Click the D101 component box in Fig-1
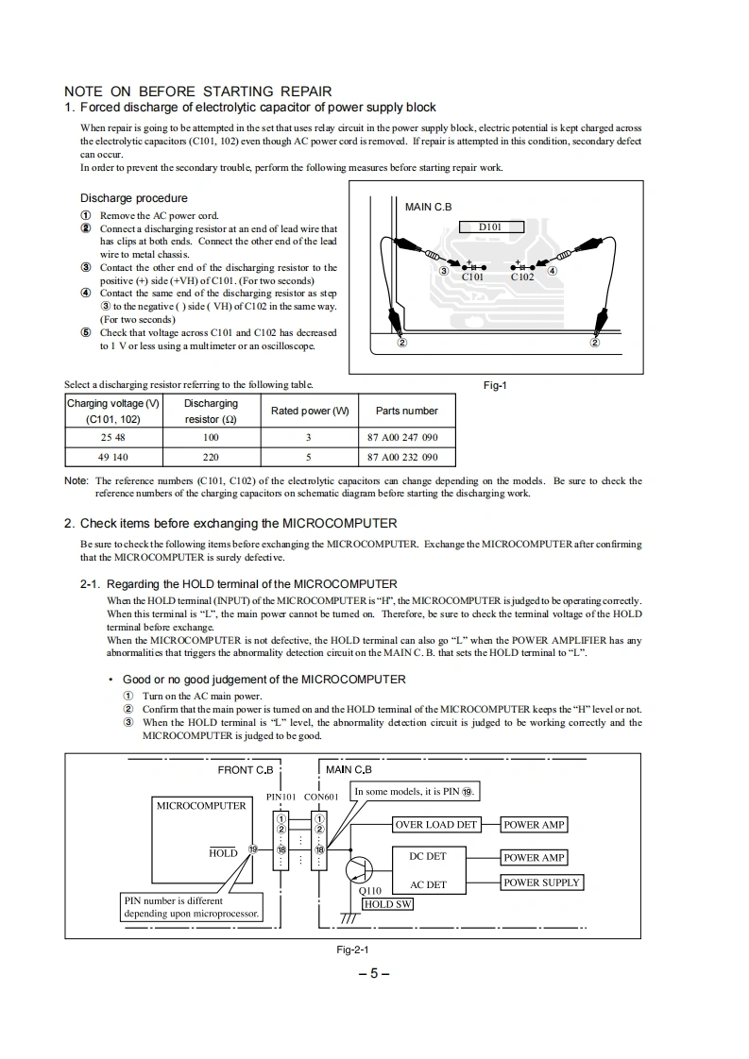coord(490,227)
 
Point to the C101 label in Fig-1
coord(472,277)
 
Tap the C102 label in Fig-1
coord(522,277)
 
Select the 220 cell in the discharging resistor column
coord(211,457)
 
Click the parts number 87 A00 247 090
coord(402,438)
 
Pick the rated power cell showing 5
coord(309,457)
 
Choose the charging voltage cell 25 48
coord(112,438)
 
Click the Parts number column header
coord(406,411)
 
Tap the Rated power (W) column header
coord(310,411)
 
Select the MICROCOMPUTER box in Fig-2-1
coord(200,805)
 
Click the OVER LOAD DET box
coord(436,824)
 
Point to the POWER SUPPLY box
coord(541,882)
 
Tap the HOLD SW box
coord(387,903)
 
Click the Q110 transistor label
coord(371,890)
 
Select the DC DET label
coord(428,857)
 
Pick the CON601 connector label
coord(321,797)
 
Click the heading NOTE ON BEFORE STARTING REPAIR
coord(197,92)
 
